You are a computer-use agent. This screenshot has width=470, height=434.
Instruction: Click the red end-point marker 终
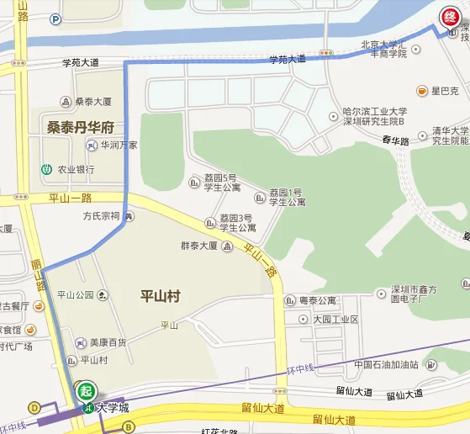[450, 14]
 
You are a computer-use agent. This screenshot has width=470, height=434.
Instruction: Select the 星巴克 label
[443, 91]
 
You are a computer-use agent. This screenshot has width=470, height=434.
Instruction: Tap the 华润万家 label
[119, 145]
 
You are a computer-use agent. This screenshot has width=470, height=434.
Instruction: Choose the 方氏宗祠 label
[101, 216]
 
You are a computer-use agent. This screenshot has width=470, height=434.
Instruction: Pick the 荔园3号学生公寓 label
[238, 222]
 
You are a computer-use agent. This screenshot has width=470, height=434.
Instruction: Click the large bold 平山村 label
[160, 296]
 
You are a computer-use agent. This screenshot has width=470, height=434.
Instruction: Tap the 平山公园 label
[77, 295]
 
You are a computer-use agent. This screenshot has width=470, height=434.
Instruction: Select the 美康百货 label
[108, 342]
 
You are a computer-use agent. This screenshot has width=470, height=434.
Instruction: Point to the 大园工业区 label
[335, 320]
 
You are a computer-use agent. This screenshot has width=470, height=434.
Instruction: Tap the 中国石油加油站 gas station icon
[430, 365]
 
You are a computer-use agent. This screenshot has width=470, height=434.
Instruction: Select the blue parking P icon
[55, 19]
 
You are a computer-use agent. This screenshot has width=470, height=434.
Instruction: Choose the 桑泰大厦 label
[93, 102]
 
